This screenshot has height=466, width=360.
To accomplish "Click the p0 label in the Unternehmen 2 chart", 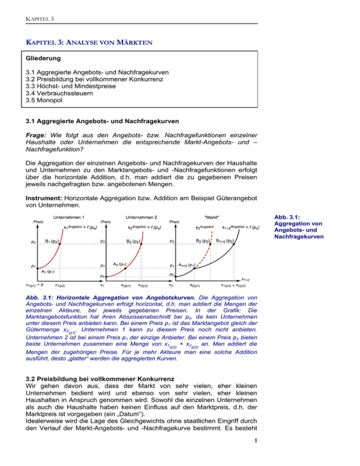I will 103,276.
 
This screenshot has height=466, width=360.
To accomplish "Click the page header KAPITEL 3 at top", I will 39,18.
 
